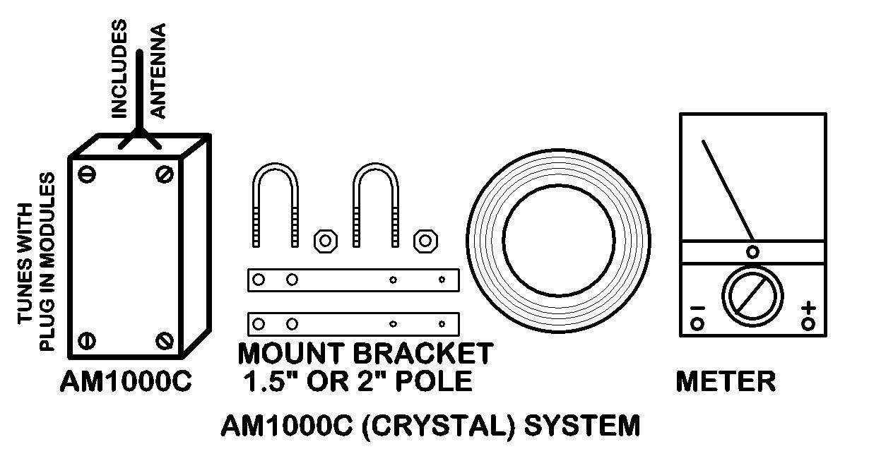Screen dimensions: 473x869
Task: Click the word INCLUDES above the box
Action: (x=119, y=68)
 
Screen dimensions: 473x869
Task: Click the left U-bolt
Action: (x=276, y=205)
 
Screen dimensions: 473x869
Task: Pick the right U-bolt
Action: (x=376, y=205)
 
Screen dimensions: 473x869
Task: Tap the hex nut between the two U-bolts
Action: (x=325, y=240)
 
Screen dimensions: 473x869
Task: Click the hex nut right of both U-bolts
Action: (x=425, y=240)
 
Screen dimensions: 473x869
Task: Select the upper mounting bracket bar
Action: (x=353, y=280)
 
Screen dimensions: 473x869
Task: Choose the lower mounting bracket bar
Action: (x=353, y=324)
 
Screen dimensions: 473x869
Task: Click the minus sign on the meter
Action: (x=697, y=308)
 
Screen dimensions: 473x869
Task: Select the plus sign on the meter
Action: (x=809, y=308)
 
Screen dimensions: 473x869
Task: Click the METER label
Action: (x=726, y=382)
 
